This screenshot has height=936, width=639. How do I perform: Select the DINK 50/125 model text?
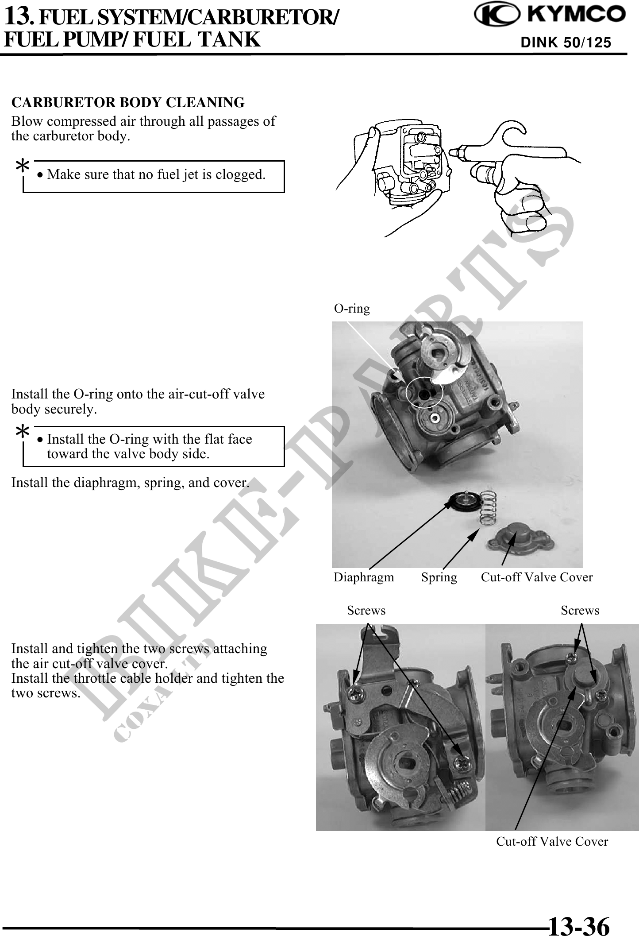(566, 43)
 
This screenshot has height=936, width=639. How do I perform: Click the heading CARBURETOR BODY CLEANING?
(128, 102)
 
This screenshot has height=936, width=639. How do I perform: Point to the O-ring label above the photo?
(352, 308)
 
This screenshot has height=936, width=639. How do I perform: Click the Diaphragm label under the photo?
(364, 577)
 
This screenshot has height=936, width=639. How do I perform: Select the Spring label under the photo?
(439, 577)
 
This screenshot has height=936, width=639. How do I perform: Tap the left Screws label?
(366, 611)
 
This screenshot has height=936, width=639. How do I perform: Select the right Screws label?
(580, 611)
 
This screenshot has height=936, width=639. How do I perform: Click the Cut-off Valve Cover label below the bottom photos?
(552, 842)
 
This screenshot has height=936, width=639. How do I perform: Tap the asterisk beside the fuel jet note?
(23, 168)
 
